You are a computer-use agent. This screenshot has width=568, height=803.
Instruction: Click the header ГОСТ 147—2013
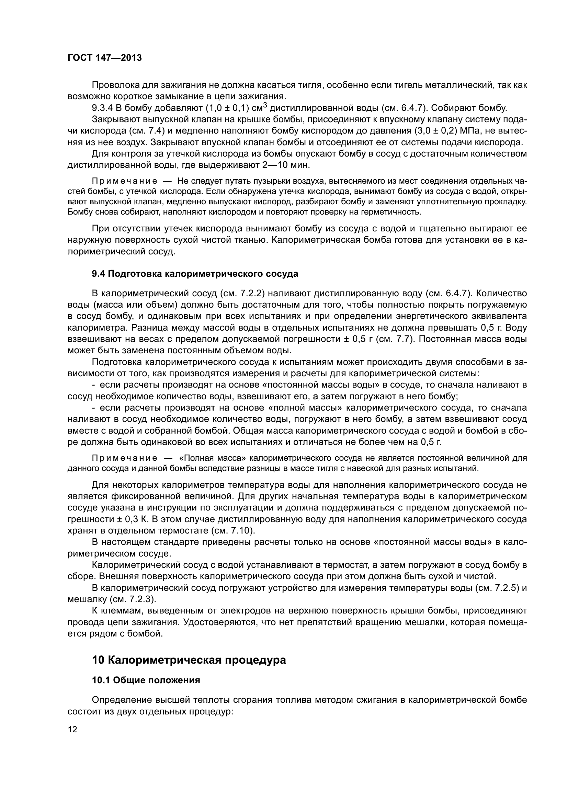pos(105,58)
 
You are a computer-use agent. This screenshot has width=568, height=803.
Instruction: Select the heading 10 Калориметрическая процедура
pos(189,660)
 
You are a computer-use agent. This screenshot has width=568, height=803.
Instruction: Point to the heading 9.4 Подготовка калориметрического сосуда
pos(195,274)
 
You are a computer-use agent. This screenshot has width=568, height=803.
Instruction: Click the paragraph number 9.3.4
pos(102,108)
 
